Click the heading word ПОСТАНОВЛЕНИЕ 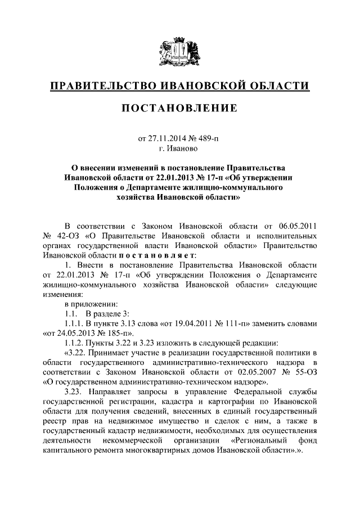pyautogui.click(x=179, y=107)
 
